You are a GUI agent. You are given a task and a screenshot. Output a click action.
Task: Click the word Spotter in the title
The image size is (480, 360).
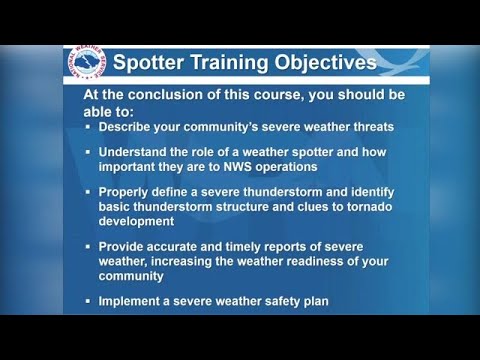tap(149, 63)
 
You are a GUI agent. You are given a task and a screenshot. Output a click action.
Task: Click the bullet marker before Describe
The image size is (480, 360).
tap(88, 127)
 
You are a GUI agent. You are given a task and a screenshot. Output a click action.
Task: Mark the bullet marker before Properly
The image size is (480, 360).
tap(88, 192)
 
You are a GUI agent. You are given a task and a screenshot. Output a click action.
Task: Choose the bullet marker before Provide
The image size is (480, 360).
tap(88, 246)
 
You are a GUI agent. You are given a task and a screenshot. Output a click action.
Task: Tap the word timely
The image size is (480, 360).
tap(237, 246)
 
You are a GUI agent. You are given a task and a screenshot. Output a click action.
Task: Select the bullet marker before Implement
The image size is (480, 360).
tap(88, 301)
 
